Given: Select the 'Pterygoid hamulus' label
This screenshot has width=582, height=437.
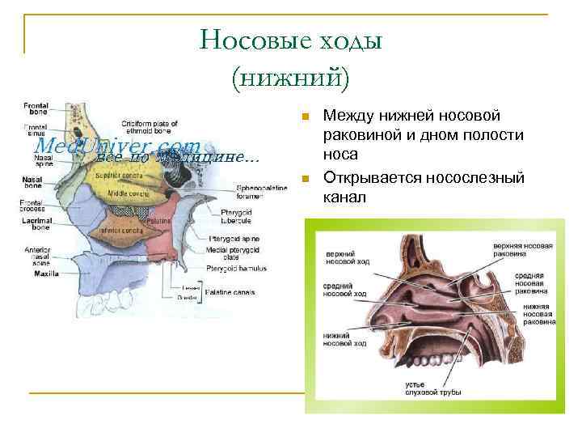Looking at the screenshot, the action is [236, 268].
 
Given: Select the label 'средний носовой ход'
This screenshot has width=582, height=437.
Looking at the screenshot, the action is [344, 290].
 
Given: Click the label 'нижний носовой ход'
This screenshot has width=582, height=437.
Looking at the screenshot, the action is [344, 339].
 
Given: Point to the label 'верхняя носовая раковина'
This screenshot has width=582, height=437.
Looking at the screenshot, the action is [524, 248].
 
